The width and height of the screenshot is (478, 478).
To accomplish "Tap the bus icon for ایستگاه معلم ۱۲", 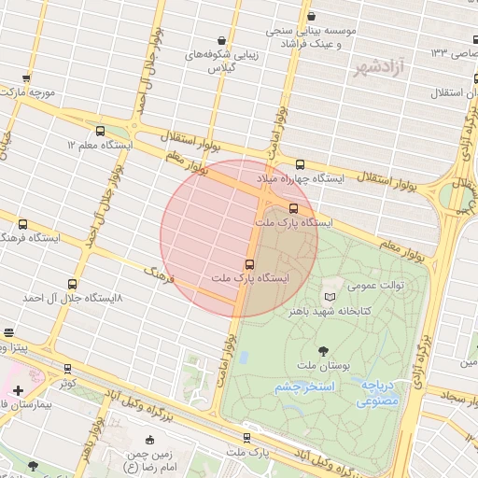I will [x=101, y=131].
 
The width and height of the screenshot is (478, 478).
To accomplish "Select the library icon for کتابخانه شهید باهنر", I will [x=328, y=296].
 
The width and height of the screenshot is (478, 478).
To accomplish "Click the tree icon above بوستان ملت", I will [x=323, y=351].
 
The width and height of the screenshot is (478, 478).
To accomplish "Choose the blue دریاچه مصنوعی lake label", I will [x=377, y=392].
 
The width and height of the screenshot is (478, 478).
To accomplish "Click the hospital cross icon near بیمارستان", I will [x=19, y=389].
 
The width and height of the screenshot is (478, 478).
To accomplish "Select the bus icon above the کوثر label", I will [x=67, y=369].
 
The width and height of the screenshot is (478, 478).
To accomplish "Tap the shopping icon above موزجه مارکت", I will [x=26, y=78].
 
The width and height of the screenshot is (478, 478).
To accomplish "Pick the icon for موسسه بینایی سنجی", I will [x=311, y=17].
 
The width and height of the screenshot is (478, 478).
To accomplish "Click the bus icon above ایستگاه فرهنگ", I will [x=22, y=224].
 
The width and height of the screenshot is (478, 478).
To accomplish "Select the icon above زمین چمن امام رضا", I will [x=150, y=441].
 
